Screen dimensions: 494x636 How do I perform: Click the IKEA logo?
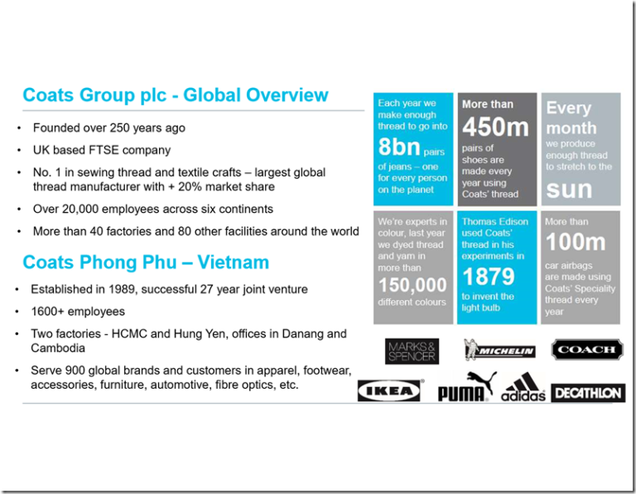tap(388, 390)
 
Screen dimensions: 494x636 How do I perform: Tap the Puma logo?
tap(466, 388)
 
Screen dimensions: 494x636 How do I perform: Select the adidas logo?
tap(523, 387)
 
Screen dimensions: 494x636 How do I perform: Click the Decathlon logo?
tap(587, 392)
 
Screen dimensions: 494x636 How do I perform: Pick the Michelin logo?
tap(499, 350)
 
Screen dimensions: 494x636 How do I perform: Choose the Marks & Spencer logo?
tap(412, 351)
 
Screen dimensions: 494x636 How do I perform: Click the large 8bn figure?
tap(400, 149)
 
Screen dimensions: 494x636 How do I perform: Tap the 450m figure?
tap(495, 128)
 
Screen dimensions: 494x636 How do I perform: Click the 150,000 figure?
tap(412, 286)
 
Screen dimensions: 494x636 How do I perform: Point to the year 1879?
tap(489, 276)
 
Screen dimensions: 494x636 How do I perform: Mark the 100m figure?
tap(576, 242)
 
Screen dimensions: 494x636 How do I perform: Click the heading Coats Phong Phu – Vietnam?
tap(146, 263)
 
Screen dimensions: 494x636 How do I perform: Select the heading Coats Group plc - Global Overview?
tap(176, 95)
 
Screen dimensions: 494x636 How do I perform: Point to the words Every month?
tap(571, 118)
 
